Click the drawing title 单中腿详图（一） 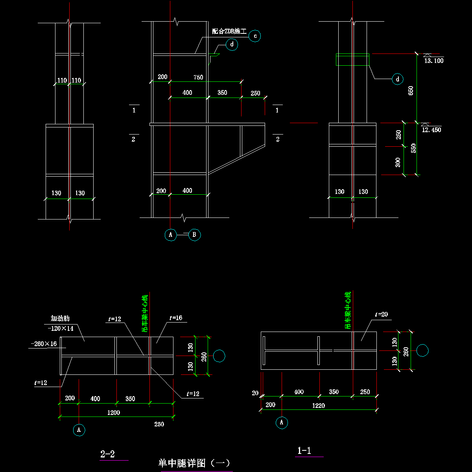tap(194, 463)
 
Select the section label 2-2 tap(107, 454)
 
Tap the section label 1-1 tap(304, 451)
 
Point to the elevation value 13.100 tap(434, 61)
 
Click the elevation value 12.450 tap(431, 130)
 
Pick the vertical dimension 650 tap(411, 91)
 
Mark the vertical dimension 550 tap(413, 148)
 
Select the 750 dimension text tap(198, 77)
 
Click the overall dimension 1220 tap(319, 406)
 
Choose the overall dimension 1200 tap(114, 413)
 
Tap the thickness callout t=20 tap(381, 314)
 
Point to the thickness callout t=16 tap(176, 318)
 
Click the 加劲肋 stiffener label tap(60, 318)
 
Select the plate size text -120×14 tap(61, 328)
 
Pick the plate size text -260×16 tap(44, 344)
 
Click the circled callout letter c tap(255, 36)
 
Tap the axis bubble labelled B tap(194, 235)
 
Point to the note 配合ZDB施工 tap(229, 31)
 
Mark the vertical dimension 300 tap(398, 161)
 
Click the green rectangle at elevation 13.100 tap(352, 59)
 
